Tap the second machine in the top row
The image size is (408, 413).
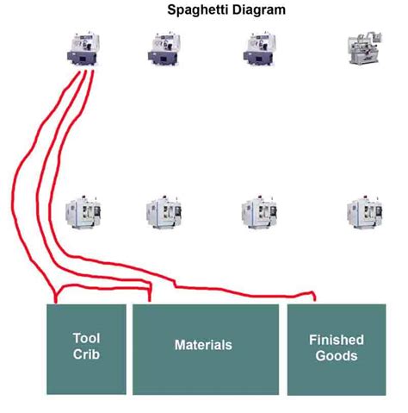click(163, 49)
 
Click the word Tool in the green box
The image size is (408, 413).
click(86, 339)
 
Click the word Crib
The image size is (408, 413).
click(86, 354)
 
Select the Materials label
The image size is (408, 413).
click(203, 345)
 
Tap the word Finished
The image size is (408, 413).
click(337, 340)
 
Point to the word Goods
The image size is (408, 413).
click(337, 355)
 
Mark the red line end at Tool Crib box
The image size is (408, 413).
click(56, 302)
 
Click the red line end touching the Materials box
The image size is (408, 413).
click(151, 301)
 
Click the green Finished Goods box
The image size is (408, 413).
click(337, 371)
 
